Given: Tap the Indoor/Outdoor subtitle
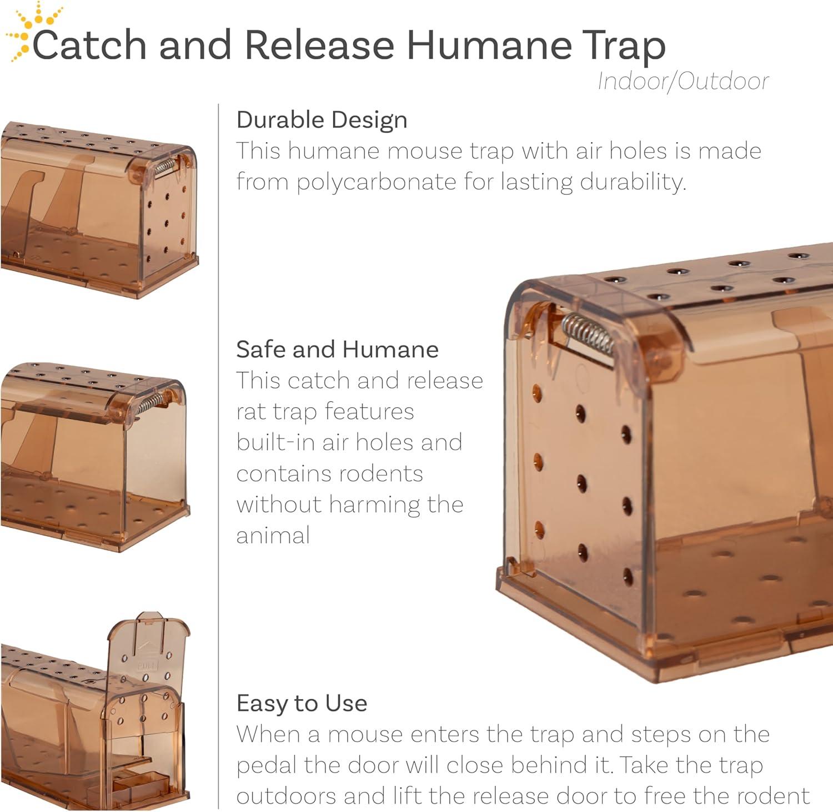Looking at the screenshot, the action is [683, 82].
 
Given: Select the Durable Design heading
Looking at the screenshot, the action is [322, 120].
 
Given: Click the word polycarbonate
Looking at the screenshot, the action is [377, 182].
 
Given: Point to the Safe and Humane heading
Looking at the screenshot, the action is [338, 350].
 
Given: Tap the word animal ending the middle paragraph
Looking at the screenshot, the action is [273, 536].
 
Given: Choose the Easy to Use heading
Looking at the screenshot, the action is [302, 704].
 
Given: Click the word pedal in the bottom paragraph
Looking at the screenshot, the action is [267, 765].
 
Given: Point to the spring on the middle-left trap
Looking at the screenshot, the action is [150, 404].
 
